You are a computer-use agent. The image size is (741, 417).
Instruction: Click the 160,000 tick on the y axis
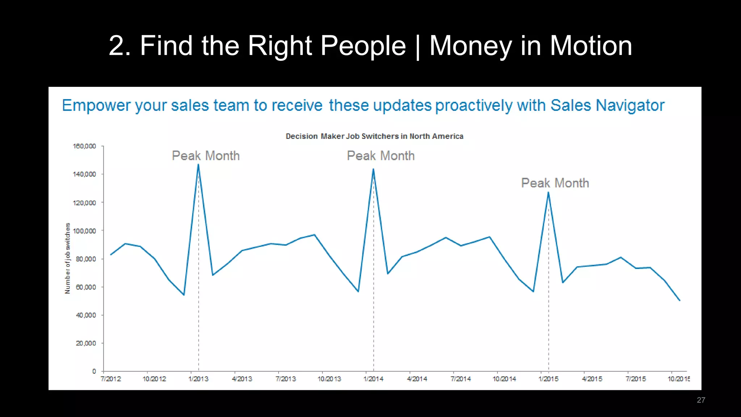(x=85, y=146)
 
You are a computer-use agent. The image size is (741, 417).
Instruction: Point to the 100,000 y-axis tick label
(x=85, y=231)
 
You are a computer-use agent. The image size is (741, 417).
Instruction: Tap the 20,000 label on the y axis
(x=86, y=343)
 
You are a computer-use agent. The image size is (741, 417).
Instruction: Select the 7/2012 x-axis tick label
(x=111, y=379)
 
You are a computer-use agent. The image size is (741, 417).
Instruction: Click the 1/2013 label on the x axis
(x=198, y=379)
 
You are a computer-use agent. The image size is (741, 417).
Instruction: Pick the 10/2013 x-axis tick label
(x=329, y=379)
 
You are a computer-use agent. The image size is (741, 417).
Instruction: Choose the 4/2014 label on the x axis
(x=417, y=379)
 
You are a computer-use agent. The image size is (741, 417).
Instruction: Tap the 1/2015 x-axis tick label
(x=549, y=379)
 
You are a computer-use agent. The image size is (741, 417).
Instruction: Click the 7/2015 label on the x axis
(x=636, y=379)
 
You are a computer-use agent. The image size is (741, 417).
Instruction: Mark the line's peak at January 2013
(x=198, y=165)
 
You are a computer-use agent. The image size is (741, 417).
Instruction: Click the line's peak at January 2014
(x=373, y=169)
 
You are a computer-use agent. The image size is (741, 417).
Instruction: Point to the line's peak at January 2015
(x=549, y=193)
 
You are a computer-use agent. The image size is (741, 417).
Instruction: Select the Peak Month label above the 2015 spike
(x=555, y=183)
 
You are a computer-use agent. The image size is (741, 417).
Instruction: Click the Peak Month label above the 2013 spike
(x=206, y=156)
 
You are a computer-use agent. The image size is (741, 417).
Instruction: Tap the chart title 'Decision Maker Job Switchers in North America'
(x=374, y=136)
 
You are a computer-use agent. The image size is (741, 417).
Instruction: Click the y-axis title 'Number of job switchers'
(x=68, y=258)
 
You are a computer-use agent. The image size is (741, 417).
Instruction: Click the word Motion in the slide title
(x=591, y=46)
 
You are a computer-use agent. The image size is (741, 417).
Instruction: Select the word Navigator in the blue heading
(x=630, y=106)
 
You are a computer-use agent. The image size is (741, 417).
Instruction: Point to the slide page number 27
(x=701, y=400)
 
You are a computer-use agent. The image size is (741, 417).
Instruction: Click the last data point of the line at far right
(x=679, y=300)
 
